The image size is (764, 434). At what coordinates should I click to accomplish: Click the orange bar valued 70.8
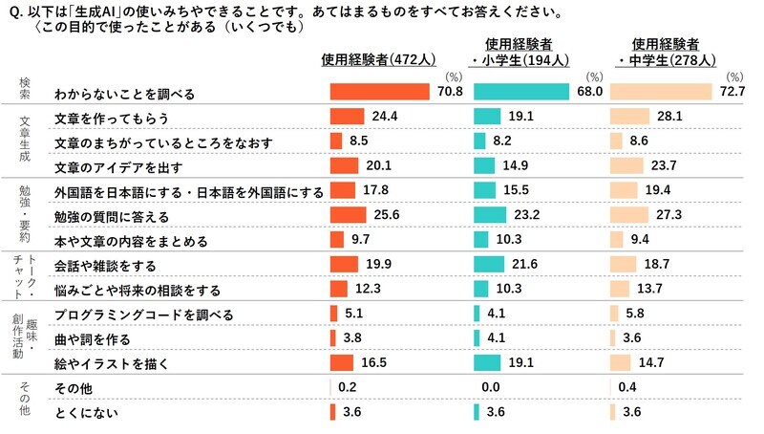(379, 92)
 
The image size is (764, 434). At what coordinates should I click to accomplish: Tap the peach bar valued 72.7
(661, 92)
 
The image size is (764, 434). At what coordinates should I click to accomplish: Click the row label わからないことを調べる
(124, 93)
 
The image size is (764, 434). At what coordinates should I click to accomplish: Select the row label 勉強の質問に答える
(112, 216)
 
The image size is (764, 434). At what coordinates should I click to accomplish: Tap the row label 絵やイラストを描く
(111, 363)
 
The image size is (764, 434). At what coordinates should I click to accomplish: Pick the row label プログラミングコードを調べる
(144, 315)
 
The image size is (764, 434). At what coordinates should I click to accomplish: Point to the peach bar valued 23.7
(626, 166)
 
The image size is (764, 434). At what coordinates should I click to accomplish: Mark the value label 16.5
(375, 363)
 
